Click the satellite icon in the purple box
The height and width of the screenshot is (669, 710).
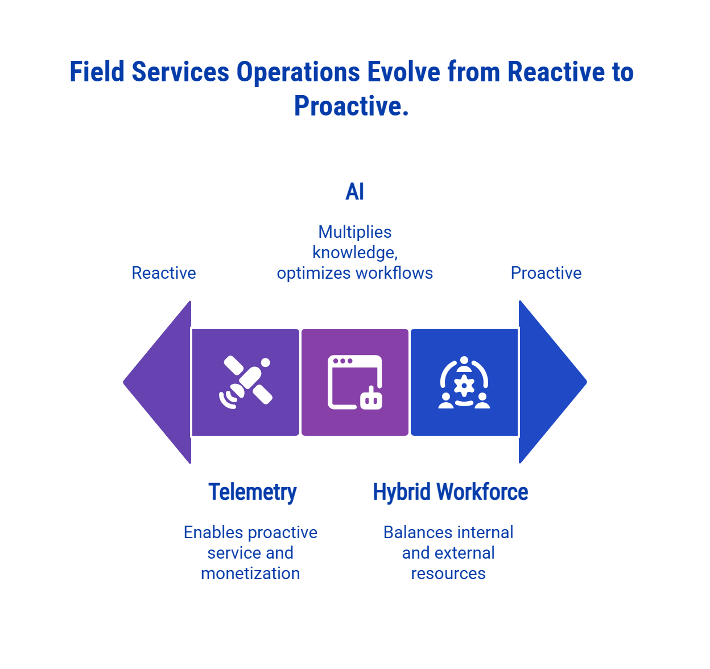coord(246,382)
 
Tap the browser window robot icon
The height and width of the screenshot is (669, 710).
coord(355,382)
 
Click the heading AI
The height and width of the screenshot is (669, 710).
coord(354,192)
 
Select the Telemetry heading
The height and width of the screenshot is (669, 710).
coord(252,492)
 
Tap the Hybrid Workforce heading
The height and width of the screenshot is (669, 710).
coord(450,492)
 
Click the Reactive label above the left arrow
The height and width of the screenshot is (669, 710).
coord(164,273)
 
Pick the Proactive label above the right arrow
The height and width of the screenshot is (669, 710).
coord(546,273)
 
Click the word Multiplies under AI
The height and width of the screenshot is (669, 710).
coord(355,232)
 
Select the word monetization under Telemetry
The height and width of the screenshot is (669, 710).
coord(250,573)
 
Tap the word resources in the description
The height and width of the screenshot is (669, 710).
coord(448,573)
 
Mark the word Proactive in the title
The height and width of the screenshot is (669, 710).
coord(351,106)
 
